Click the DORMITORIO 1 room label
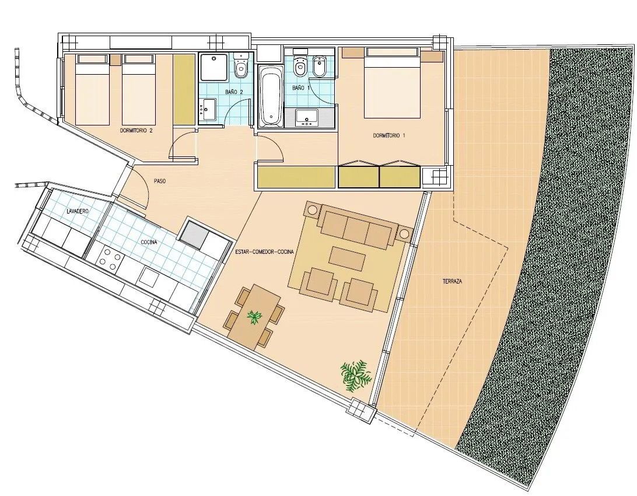pyautogui.click(x=389, y=135)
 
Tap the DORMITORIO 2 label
pyautogui.click(x=136, y=131)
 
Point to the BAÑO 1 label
pyautogui.click(x=298, y=88)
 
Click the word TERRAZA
pyautogui.click(x=452, y=281)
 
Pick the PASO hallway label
pyautogui.click(x=160, y=181)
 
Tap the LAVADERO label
pyautogui.click(x=78, y=211)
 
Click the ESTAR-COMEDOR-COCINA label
pyautogui.click(x=264, y=252)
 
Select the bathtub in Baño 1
pyautogui.click(x=269, y=96)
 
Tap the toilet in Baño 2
pyautogui.click(x=240, y=69)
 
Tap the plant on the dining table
pyautogui.click(x=255, y=317)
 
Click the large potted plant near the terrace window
pyautogui.click(x=355, y=375)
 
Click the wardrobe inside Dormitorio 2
pyautogui.click(x=184, y=88)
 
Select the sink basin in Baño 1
pyautogui.click(x=307, y=117)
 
